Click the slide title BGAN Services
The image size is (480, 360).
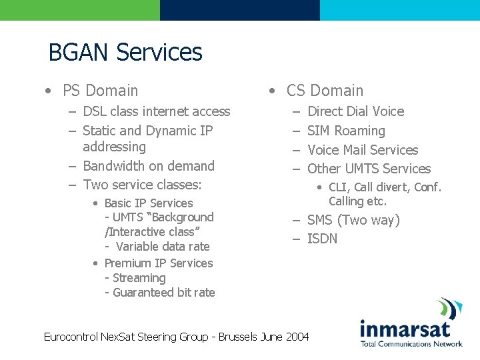[x=125, y=52]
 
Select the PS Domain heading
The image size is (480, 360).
[x=100, y=91]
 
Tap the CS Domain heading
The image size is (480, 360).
[x=325, y=91]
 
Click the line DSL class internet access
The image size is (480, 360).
[x=156, y=111]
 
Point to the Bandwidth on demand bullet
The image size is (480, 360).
[x=148, y=166]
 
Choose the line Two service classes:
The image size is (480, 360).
[x=142, y=185]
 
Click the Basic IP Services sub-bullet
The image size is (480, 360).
[x=148, y=203]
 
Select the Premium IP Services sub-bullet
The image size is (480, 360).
[x=159, y=263]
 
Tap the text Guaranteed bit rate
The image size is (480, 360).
[x=164, y=293]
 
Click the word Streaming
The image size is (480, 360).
[x=139, y=278]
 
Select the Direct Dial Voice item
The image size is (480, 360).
[x=355, y=111]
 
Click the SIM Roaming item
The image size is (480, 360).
[x=346, y=131]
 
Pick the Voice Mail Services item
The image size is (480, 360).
[x=363, y=150]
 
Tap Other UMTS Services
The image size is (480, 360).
[x=369, y=169]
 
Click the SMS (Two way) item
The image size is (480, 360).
[x=353, y=220]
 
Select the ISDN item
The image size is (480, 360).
[x=322, y=239]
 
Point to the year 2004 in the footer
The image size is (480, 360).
[x=297, y=337]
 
